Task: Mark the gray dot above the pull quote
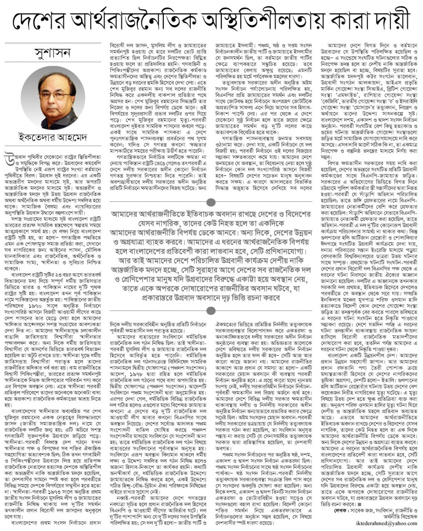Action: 211,202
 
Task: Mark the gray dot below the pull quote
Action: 211,311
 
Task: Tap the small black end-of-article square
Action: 359,504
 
